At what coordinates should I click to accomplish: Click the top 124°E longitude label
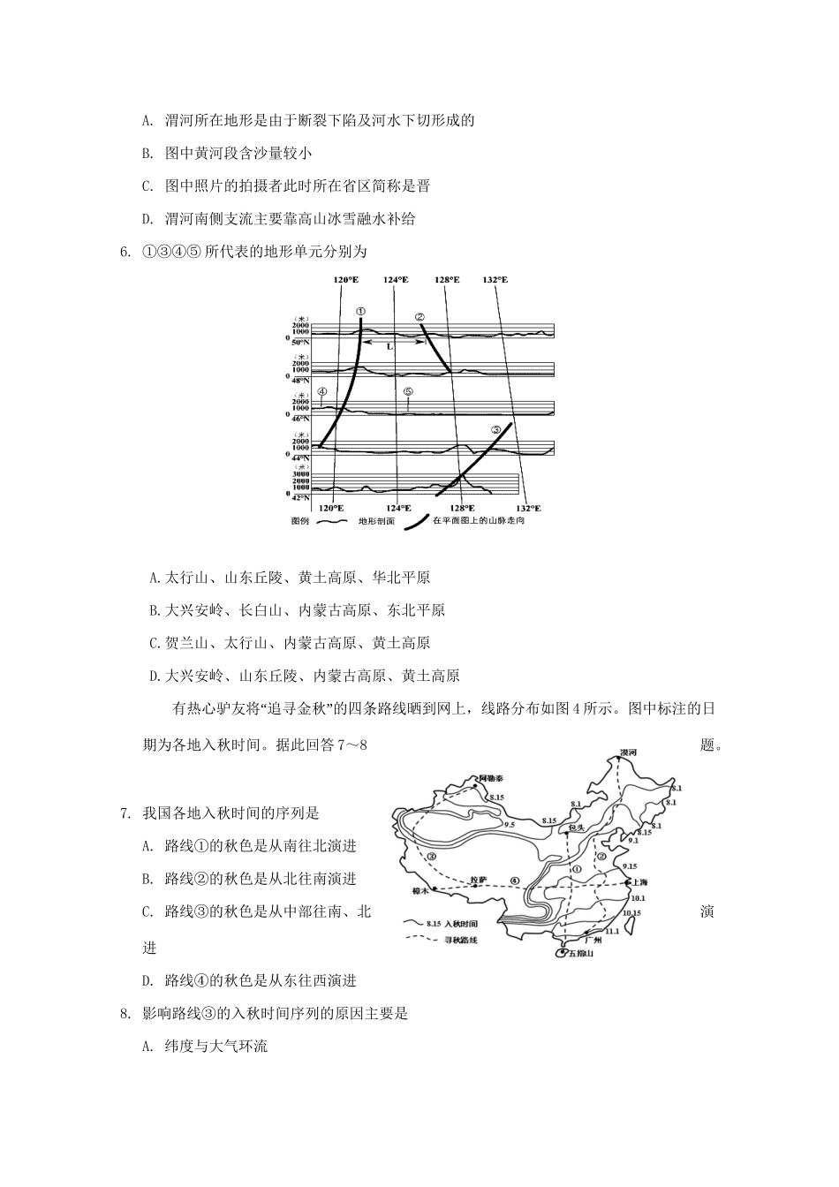(x=397, y=280)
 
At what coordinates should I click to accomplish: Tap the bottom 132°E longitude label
(x=528, y=508)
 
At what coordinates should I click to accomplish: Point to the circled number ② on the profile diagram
(x=419, y=317)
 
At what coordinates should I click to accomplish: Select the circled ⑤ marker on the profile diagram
(x=408, y=391)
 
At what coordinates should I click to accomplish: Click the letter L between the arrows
(x=389, y=347)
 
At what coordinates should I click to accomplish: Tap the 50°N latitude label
(x=302, y=341)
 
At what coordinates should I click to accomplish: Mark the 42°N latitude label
(x=302, y=497)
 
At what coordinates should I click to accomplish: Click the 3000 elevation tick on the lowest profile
(x=302, y=473)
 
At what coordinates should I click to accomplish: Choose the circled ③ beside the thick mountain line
(x=496, y=430)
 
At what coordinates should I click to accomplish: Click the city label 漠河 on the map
(x=628, y=752)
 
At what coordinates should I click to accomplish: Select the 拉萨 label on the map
(x=478, y=880)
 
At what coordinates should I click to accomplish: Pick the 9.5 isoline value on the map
(x=510, y=824)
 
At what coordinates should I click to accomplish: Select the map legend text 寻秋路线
(x=460, y=941)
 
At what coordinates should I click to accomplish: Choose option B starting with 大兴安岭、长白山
(x=297, y=610)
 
